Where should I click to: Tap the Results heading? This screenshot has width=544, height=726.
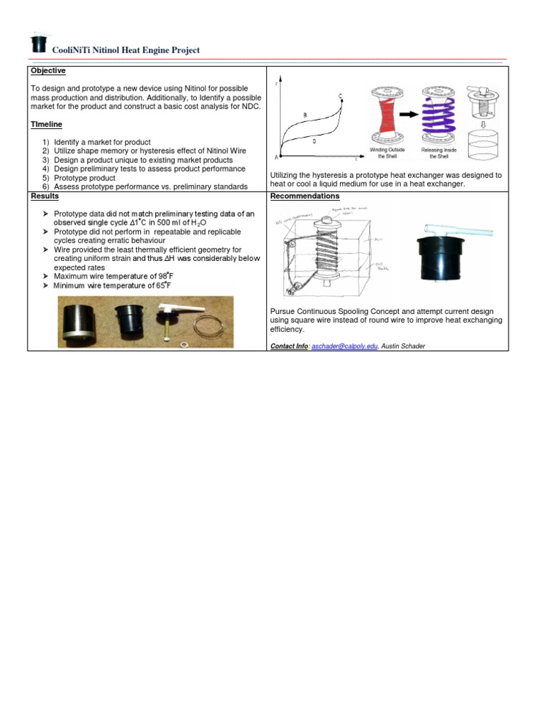[44, 196]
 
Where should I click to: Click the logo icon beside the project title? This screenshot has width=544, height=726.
[38, 44]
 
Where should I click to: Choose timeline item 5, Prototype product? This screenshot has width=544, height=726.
[84, 178]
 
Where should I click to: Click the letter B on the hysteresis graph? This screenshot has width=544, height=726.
[305, 115]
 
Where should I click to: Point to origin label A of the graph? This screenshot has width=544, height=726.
[276, 157]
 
